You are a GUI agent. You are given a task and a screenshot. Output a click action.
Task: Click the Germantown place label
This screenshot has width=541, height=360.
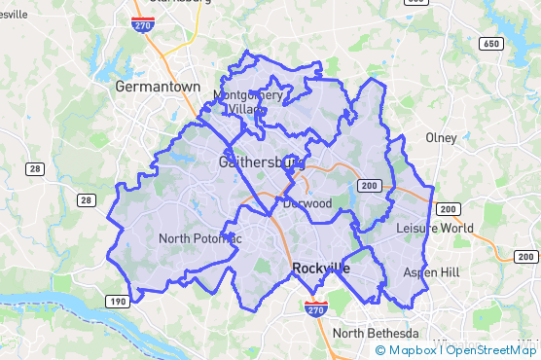[x=157, y=87]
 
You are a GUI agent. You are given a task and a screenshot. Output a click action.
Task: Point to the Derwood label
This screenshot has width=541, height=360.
[x=307, y=204]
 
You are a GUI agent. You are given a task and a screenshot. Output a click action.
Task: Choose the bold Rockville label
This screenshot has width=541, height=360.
[x=320, y=268]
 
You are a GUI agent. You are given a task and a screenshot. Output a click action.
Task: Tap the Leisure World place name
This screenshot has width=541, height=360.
[x=435, y=229]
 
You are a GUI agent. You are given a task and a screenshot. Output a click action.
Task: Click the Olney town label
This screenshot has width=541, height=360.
[x=441, y=138]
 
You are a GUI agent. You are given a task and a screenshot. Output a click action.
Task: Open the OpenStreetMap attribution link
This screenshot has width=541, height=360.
[x=491, y=350]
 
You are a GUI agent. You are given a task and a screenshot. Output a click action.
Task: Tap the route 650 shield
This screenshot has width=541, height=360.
[x=491, y=45]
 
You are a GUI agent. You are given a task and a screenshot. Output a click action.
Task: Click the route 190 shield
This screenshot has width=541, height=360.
[x=117, y=303]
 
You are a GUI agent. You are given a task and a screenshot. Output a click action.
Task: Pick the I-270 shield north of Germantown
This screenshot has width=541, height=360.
[x=143, y=23]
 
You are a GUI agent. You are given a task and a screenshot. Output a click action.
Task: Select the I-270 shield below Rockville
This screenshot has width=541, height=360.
[x=314, y=308]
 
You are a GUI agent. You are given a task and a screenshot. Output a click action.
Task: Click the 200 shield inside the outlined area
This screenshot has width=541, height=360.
[x=369, y=185]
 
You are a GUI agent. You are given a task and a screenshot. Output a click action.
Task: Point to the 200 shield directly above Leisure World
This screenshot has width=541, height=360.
[x=448, y=209]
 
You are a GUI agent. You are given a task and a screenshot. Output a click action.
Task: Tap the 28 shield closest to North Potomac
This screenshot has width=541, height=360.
[x=88, y=200]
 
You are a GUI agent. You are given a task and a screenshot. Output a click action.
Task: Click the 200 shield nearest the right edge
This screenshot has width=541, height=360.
[x=526, y=257]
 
